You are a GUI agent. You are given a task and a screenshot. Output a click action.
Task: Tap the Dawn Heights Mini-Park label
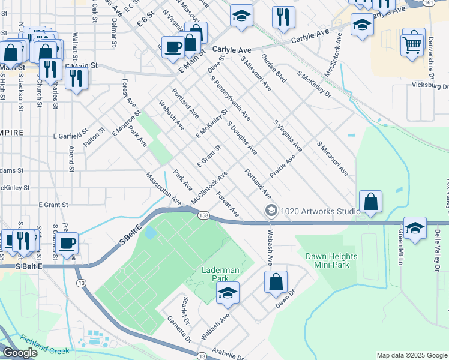(x=331, y=260)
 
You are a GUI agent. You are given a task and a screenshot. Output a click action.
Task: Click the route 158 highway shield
(x=204, y=215)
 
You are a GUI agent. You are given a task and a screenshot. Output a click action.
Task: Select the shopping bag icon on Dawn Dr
(x=276, y=282)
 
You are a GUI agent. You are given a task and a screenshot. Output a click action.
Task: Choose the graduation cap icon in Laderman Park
(x=228, y=292)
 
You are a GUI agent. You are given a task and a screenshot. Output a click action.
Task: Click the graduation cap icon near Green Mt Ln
(x=415, y=228)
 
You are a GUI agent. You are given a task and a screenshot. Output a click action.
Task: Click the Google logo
(x=20, y=353)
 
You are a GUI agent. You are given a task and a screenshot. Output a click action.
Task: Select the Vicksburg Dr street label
(x=427, y=85)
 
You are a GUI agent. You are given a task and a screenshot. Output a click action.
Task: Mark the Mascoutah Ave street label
(x=163, y=188)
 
